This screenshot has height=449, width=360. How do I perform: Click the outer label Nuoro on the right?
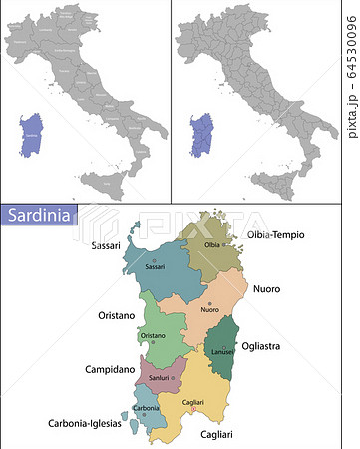pyautogui.click(x=266, y=289)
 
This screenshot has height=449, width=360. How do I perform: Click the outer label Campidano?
pyautogui.click(x=108, y=369)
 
